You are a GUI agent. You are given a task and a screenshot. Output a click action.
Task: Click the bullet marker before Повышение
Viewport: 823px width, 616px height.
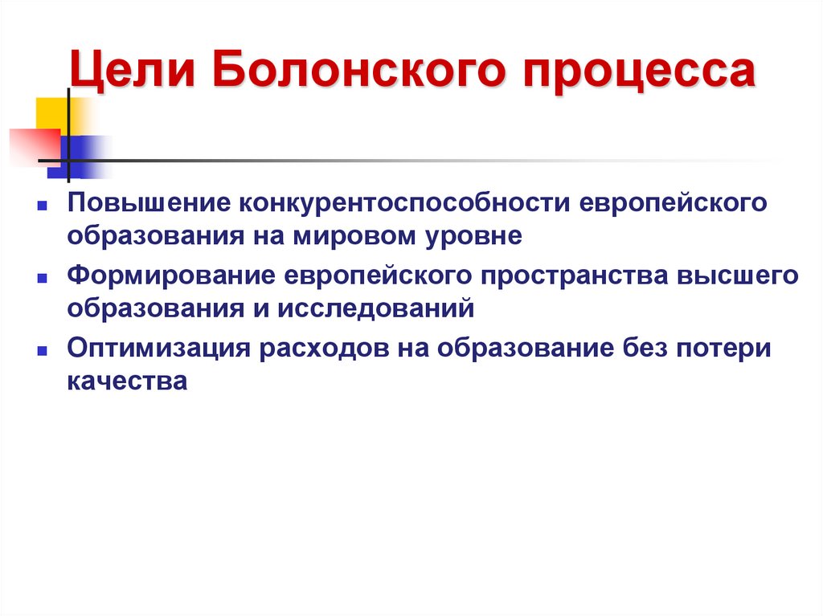coord(39,206)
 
